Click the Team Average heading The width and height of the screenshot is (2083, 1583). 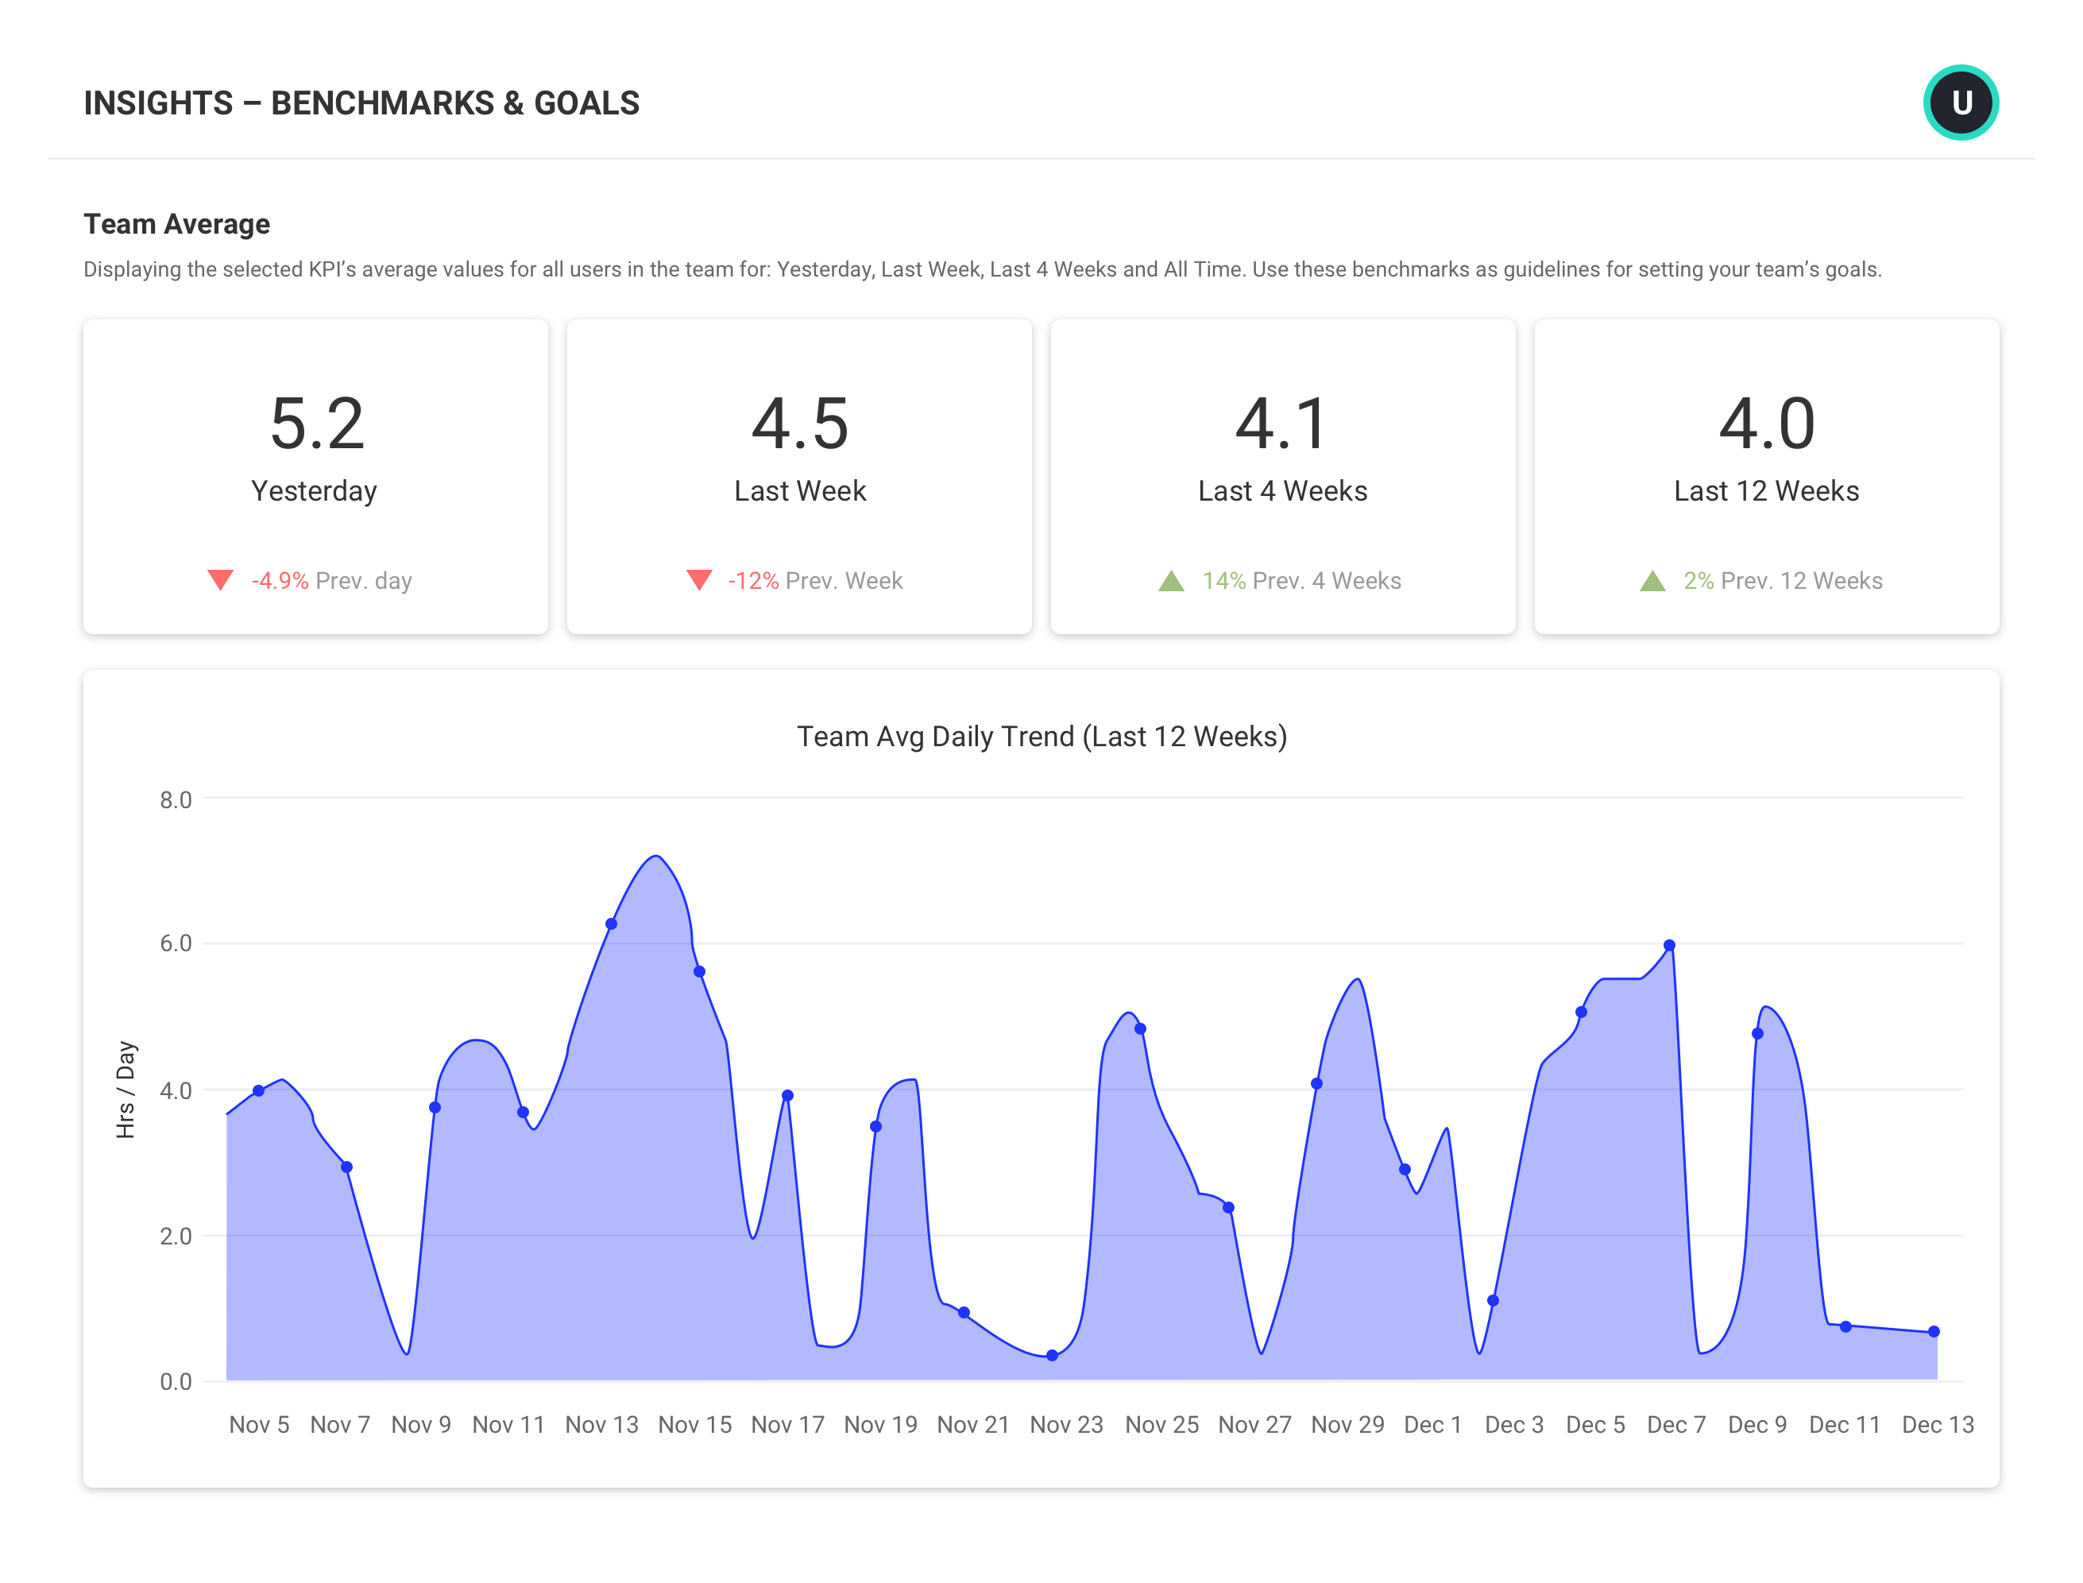pyautogui.click(x=176, y=224)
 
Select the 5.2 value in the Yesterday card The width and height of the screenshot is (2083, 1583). pyautogui.click(x=316, y=424)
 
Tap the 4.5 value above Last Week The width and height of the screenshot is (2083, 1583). pyautogui.click(x=799, y=424)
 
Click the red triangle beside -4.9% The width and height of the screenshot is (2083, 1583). pyautogui.click(x=220, y=579)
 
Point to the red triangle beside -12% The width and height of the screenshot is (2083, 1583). pyautogui.click(x=699, y=579)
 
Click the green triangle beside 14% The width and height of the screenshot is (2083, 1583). pyautogui.click(x=1170, y=582)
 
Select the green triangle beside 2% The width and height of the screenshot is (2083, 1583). pyautogui.click(x=1652, y=582)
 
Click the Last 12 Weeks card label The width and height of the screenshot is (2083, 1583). pyautogui.click(x=1765, y=491)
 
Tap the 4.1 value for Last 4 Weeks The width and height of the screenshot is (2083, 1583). pyautogui.click(x=1282, y=424)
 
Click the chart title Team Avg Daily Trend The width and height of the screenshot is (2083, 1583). pyautogui.click(x=1041, y=736)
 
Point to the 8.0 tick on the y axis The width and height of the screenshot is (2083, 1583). pyautogui.click(x=176, y=800)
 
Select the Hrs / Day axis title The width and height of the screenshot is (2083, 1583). pyautogui.click(x=126, y=1090)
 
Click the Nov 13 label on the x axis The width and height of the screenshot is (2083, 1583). pyautogui.click(x=601, y=1425)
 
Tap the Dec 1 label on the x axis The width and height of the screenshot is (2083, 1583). pyautogui.click(x=1432, y=1425)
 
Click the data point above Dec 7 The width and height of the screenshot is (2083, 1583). pyautogui.click(x=1668, y=945)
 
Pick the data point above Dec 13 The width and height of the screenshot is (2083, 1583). pyautogui.click(x=1933, y=1331)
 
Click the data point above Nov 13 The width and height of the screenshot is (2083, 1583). pyautogui.click(x=610, y=924)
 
